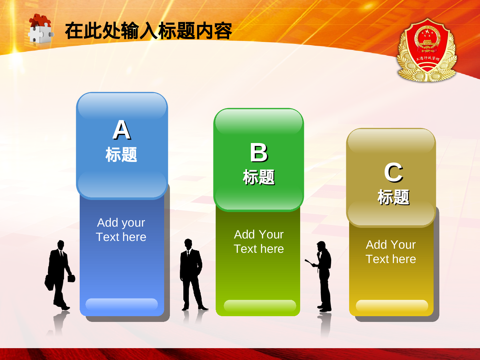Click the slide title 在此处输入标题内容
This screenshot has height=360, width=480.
click(148, 31)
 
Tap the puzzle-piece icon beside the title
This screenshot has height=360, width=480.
click(40, 29)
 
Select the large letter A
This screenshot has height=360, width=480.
click(122, 130)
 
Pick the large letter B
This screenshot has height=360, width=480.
click(259, 153)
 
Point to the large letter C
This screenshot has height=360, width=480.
click(393, 173)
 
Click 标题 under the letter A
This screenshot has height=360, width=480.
click(121, 155)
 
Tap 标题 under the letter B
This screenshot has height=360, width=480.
click(259, 177)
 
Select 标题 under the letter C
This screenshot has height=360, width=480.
click(393, 197)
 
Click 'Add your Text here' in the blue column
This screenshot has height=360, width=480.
click(121, 230)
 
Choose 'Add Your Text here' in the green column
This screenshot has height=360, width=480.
click(259, 242)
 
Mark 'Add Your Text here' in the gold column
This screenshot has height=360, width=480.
click(391, 252)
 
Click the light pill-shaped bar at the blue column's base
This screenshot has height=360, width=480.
click(122, 304)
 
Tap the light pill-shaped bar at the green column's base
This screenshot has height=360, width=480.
click(260, 305)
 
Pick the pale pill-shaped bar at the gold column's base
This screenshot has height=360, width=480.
click(392, 305)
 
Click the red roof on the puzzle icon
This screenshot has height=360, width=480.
click(40, 20)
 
